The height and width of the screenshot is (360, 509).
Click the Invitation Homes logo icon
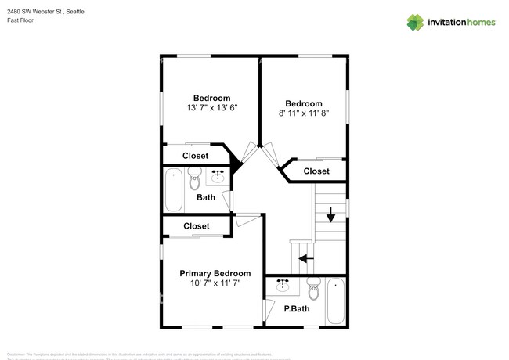(414, 22)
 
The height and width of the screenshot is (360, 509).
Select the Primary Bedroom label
(215, 273)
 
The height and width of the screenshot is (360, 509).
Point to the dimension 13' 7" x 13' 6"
(211, 108)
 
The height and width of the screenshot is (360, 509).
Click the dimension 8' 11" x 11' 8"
(303, 113)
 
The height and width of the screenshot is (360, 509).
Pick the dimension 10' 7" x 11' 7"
(215, 283)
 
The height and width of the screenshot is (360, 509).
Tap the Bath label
(206, 197)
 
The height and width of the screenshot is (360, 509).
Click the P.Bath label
(294, 309)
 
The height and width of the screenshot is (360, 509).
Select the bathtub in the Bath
(174, 190)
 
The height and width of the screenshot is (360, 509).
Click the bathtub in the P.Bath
(335, 301)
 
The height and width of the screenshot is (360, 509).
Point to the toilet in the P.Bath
(314, 289)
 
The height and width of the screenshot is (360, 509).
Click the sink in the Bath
(218, 176)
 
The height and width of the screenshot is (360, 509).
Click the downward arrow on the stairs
(330, 213)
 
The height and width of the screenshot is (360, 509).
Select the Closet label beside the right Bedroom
(316, 171)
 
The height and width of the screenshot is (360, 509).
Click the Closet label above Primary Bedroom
(196, 226)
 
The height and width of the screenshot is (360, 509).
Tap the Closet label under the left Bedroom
(196, 156)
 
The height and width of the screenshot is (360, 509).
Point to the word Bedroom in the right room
(303, 103)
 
